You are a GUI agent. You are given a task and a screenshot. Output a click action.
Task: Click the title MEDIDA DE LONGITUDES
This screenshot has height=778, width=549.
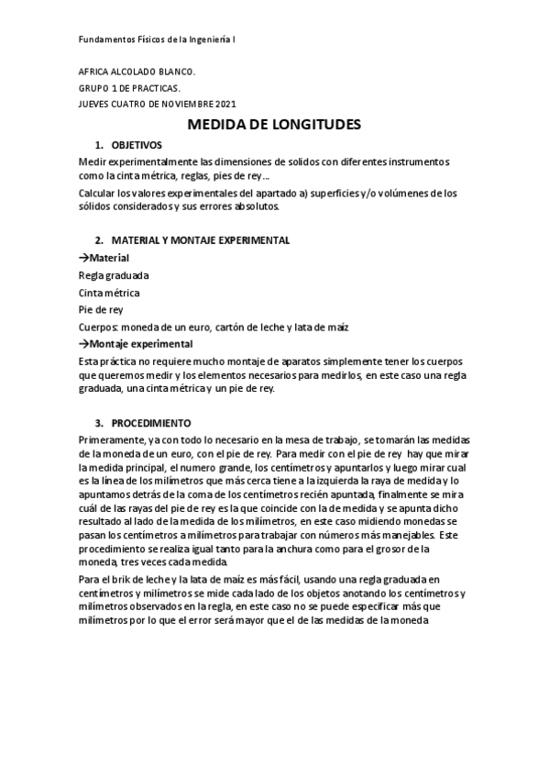point(275,124)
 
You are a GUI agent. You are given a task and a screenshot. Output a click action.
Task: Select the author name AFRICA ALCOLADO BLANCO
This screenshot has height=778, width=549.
point(137,72)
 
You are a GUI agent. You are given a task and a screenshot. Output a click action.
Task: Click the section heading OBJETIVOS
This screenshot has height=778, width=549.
point(137,145)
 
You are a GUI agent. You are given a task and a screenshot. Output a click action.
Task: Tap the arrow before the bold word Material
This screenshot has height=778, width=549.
point(84,258)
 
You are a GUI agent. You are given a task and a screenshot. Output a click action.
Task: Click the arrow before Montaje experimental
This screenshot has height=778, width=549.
point(84,344)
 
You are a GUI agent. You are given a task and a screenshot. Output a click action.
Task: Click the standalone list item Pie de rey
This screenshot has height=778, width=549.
point(101,310)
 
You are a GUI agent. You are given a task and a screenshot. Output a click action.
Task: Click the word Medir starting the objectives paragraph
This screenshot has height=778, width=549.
point(93,161)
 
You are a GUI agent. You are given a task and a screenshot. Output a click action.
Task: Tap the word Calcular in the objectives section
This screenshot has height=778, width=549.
point(99,194)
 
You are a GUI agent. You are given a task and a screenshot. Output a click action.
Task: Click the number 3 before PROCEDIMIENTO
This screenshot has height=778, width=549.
point(98,424)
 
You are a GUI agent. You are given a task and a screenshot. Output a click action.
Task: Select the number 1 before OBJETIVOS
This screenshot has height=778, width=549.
point(98,145)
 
